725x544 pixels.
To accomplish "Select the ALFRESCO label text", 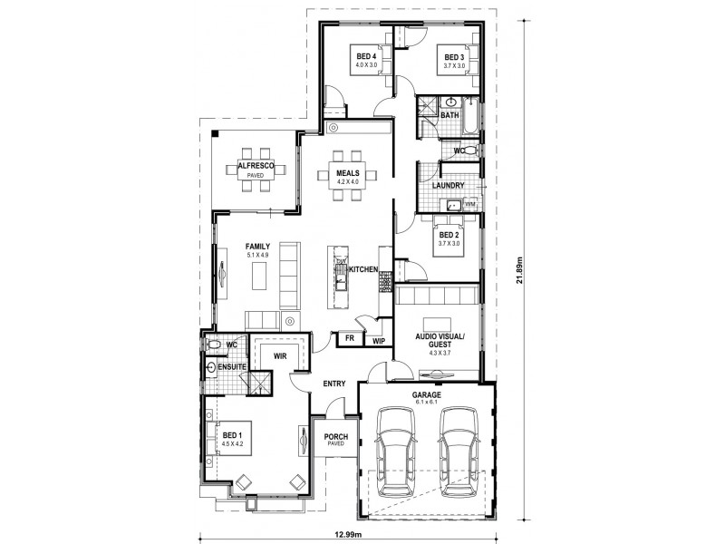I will (x=256, y=167).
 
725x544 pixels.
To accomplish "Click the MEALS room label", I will (x=349, y=172).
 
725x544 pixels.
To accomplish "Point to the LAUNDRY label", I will (x=449, y=186).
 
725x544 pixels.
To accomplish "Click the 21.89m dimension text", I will (x=519, y=269).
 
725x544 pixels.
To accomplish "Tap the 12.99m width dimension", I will (x=347, y=534).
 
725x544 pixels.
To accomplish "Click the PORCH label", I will (x=336, y=437).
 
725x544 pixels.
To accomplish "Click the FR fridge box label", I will (x=349, y=338).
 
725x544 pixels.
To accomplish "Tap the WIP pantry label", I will (x=378, y=341).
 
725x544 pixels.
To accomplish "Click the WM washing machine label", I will (x=469, y=205).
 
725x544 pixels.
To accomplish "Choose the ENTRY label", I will (x=334, y=384).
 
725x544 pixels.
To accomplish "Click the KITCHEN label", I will (x=362, y=270).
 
